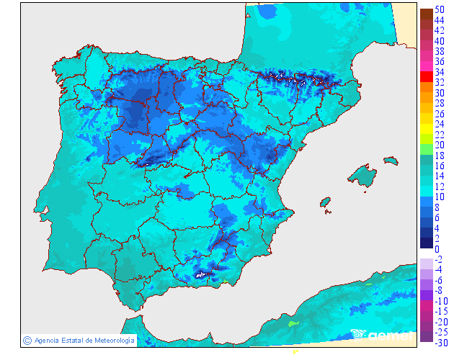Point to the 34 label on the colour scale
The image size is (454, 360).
(440, 72)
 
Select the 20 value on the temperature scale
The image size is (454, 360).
(440, 145)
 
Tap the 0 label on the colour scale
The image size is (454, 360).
(437, 249)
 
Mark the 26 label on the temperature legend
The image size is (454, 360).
(440, 114)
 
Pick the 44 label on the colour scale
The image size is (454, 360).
(440, 20)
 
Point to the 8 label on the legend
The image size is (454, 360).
(437, 207)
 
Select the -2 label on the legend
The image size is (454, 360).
(439, 259)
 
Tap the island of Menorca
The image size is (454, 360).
(390, 163)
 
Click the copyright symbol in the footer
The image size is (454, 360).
(27, 340)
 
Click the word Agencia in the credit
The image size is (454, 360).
(47, 340)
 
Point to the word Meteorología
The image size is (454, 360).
(110, 340)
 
